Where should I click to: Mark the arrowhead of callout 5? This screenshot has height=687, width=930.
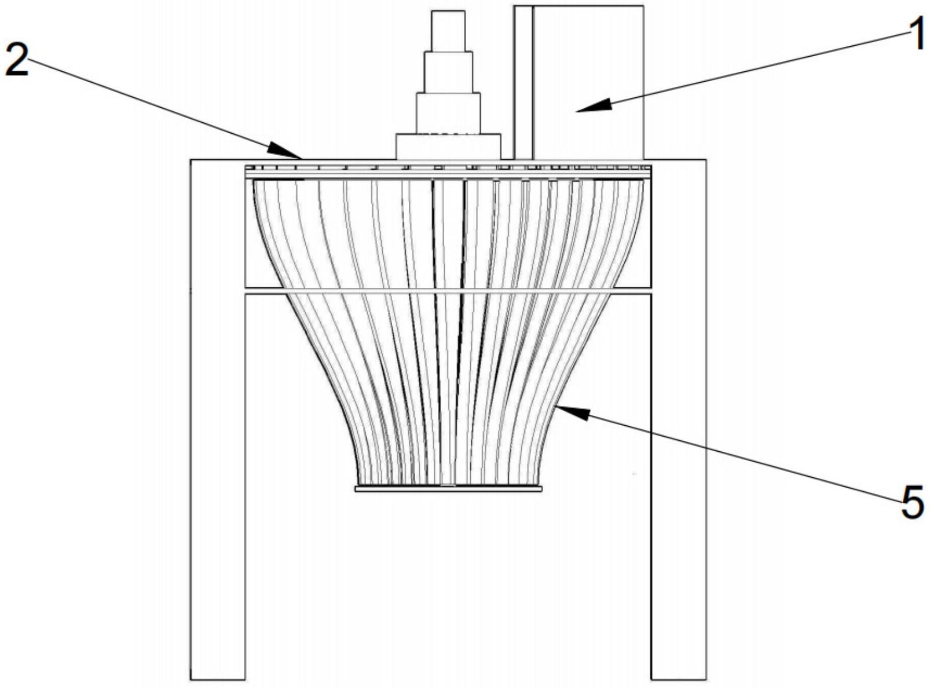click(x=565, y=410)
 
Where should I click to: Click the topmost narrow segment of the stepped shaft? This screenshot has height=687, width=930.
click(x=448, y=31)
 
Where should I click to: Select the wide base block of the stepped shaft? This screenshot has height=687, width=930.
click(x=448, y=147)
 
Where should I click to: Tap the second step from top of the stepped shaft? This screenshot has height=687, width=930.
click(x=448, y=72)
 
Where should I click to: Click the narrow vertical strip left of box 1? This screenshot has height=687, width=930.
click(x=523, y=81)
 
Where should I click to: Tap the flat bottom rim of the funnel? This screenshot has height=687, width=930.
click(x=448, y=489)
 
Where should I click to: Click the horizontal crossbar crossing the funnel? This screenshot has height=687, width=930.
click(x=448, y=290)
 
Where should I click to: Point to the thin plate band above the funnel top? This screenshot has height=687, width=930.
click(x=448, y=171)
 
